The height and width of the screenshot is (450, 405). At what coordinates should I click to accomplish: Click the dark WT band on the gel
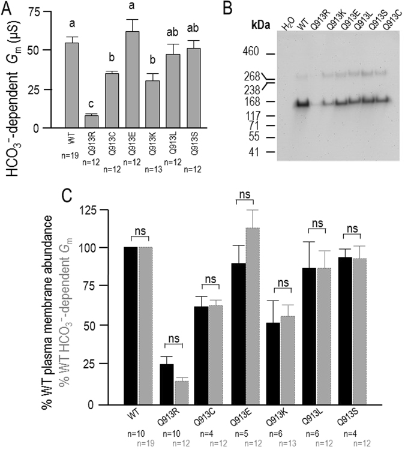(x=302, y=103)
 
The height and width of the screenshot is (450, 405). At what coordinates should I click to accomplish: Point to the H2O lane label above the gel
(x=286, y=26)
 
